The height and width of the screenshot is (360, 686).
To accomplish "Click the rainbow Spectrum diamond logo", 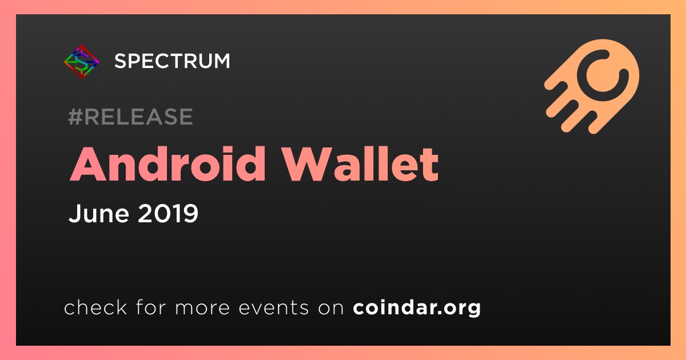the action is [81, 62].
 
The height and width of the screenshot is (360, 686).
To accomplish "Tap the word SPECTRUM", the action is [172, 61].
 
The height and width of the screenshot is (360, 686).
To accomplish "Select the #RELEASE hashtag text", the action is [130, 117].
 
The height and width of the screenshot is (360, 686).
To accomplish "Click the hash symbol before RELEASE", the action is [75, 117].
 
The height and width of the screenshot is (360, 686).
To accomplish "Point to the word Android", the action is [167, 165].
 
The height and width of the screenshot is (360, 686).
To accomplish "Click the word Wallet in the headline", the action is [361, 165].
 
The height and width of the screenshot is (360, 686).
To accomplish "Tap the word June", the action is [99, 213].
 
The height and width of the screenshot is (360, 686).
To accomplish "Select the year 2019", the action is [168, 213].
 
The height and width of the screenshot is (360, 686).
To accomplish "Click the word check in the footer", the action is [95, 307].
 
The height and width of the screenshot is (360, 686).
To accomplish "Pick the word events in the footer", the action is [273, 307].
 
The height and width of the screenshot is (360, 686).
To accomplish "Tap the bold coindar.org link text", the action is [417, 307].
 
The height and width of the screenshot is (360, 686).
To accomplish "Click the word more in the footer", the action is [202, 307].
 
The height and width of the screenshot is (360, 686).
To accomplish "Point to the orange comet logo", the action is [592, 86].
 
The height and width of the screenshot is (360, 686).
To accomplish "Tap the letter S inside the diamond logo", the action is [81, 62].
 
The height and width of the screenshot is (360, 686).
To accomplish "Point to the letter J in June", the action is [74, 213].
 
